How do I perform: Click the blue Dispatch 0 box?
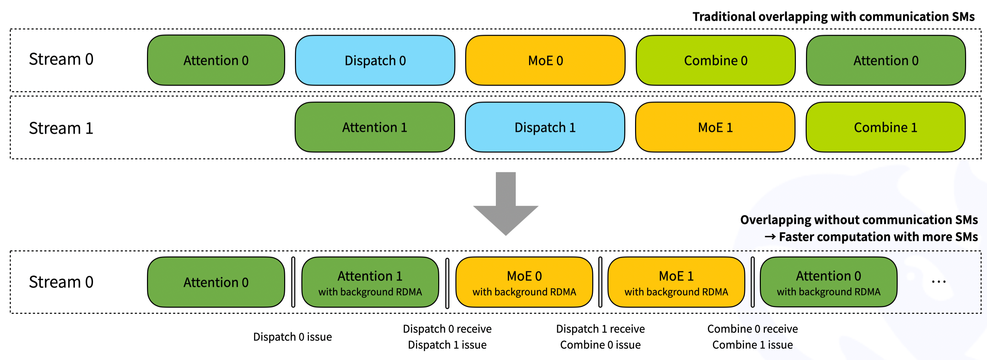pos(375,60)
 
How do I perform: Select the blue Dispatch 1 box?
pos(544,127)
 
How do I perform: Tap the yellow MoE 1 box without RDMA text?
pos(715,127)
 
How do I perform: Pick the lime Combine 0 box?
pos(715,60)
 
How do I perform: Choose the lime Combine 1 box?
pos(885,127)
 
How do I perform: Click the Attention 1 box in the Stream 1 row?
pos(375,127)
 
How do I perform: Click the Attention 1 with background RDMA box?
pos(370,282)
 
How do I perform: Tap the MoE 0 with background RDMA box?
pos(524,282)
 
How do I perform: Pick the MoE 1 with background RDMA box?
pos(676,282)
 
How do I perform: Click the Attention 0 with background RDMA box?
pos(828,282)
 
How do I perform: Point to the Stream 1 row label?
pos(61,128)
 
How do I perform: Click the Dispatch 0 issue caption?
pos(292,337)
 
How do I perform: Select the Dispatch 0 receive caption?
pos(447,329)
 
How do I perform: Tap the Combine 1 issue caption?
pos(752,345)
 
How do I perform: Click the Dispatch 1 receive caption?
pos(600,329)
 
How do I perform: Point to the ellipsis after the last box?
pos(938,282)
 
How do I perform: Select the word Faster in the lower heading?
pos(797,237)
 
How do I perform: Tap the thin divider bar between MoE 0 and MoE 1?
pos(600,282)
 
